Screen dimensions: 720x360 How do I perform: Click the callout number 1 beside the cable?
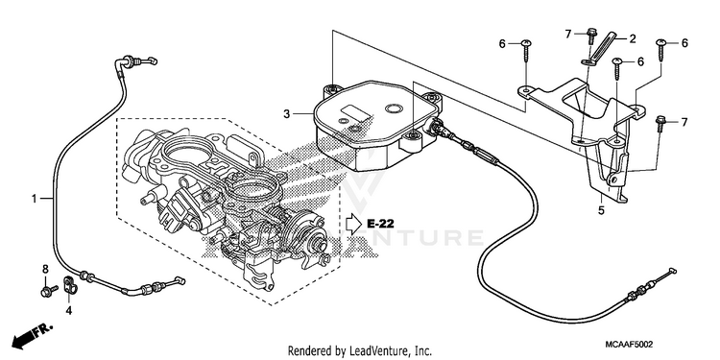pos(34,199)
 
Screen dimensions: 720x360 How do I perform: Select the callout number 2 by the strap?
pos(633,39)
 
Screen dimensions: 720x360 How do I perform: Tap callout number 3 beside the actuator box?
pos(286,113)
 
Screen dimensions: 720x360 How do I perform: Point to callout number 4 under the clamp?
pos(68,311)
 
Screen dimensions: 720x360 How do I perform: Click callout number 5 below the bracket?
pos(601,211)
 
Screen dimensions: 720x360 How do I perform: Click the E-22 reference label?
pos(381,224)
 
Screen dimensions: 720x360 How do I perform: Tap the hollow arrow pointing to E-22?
pos(354,224)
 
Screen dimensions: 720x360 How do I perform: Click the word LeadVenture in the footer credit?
pos(372,351)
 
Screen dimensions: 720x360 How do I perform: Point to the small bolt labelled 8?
pos(49,290)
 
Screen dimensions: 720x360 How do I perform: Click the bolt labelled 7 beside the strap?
pos(591,36)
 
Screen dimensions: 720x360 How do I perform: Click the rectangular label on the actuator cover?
pos(354,113)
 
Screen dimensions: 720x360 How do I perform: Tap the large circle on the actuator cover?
pos(394,108)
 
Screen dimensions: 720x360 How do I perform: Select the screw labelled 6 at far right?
pos(660,49)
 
